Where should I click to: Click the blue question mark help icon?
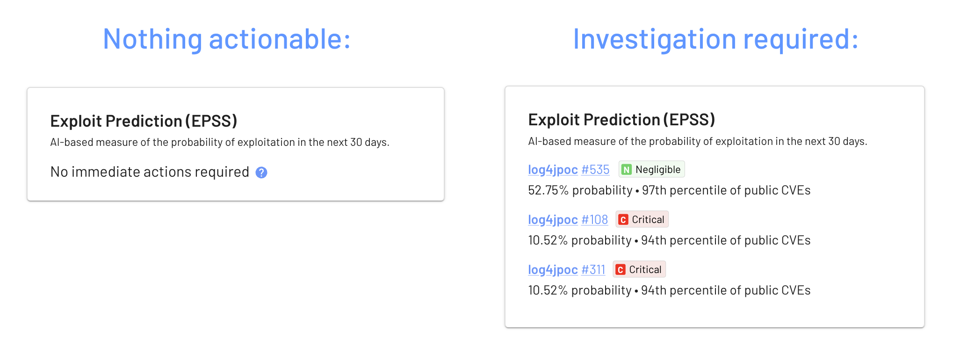(261, 173)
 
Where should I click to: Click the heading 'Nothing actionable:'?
(226, 39)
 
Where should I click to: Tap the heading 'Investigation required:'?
(715, 39)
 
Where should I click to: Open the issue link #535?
(595, 170)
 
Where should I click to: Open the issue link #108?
(594, 220)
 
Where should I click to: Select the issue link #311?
(593, 270)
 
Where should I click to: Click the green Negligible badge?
(652, 169)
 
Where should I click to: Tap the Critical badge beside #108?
(642, 219)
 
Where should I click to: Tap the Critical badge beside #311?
(639, 269)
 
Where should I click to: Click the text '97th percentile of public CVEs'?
(726, 190)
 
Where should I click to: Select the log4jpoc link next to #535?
(553, 170)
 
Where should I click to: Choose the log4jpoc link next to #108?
(553, 220)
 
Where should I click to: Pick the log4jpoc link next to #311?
(553, 270)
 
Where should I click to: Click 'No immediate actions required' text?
(150, 172)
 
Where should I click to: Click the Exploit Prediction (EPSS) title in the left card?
(144, 121)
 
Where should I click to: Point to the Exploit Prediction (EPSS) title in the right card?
(621, 120)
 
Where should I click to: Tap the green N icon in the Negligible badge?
(627, 170)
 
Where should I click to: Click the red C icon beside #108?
(623, 220)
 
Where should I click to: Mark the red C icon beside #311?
(621, 270)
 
